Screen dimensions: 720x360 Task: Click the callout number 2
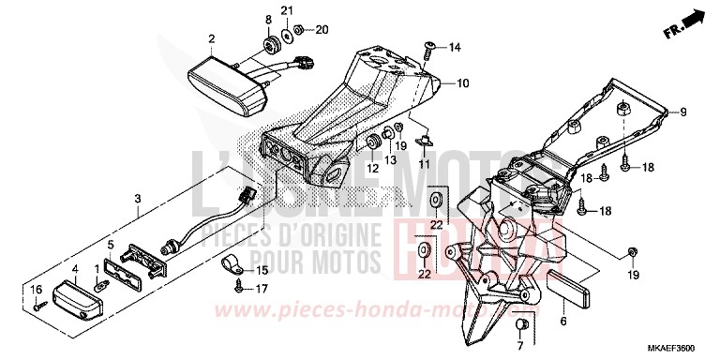click(212, 38)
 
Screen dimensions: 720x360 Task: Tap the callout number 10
click(462, 83)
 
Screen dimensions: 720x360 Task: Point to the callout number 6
click(563, 321)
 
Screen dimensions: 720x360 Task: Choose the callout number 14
click(456, 47)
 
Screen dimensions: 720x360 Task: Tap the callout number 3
click(138, 198)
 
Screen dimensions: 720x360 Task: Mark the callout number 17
click(262, 289)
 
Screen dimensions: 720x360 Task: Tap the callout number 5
click(111, 247)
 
